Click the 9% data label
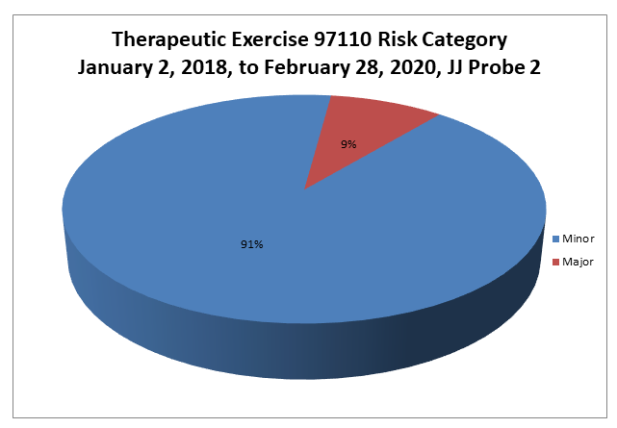pyautogui.click(x=348, y=144)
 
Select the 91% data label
pyautogui.click(x=252, y=244)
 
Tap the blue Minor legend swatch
pyautogui.click(x=555, y=239)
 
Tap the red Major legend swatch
pyautogui.click(x=555, y=263)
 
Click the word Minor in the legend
pyautogui.click(x=578, y=239)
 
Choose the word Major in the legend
pyautogui.click(x=578, y=262)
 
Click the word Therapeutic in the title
pyautogui.click(x=168, y=39)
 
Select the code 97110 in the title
pyautogui.click(x=343, y=39)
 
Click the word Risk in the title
pyautogui.click(x=397, y=39)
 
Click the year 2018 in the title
pyautogui.click(x=205, y=67)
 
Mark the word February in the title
pyautogui.click(x=307, y=67)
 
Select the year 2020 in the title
pyautogui.click(x=417, y=67)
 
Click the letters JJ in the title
pyautogui.click(x=455, y=67)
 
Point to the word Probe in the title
pyautogui.click(x=497, y=67)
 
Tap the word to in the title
pyautogui.click(x=248, y=68)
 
